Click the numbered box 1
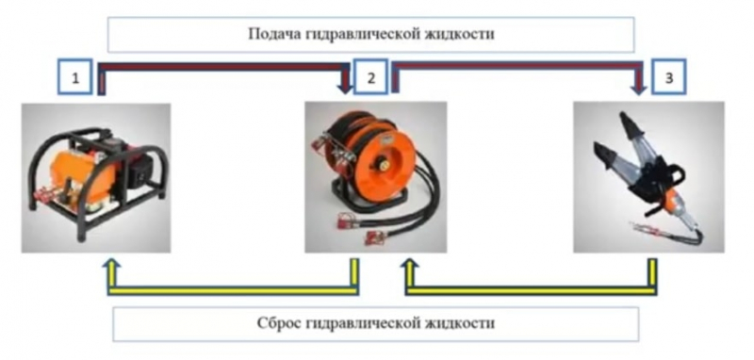point(74,78)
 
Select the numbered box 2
point(370,78)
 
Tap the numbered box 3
point(666,78)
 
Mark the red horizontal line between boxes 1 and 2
point(221,67)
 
